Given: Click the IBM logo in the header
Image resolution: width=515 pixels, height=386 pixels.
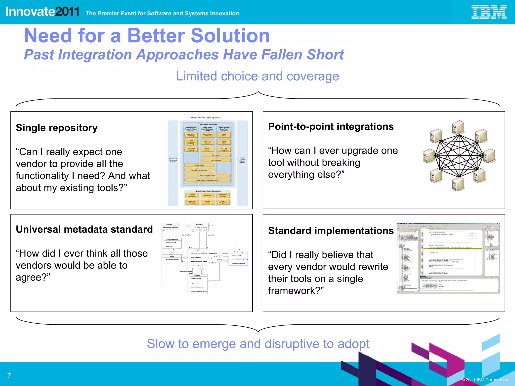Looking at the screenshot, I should click(x=489, y=12).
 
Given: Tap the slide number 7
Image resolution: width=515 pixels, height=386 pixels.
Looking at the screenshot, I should click(x=9, y=376).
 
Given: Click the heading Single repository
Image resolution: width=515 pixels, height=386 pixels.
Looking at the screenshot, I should click(x=57, y=128).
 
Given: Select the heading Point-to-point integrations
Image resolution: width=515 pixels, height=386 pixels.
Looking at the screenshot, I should click(x=331, y=127).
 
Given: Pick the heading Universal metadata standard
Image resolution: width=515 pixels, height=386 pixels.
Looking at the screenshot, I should click(x=84, y=229).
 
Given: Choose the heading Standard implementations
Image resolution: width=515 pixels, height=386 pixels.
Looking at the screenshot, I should click(x=331, y=231).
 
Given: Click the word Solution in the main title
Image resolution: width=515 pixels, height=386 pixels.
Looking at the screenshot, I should click(x=230, y=36).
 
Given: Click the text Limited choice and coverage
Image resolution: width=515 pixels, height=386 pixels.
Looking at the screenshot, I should click(x=257, y=76).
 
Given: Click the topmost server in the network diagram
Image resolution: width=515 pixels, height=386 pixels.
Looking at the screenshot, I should click(x=458, y=127).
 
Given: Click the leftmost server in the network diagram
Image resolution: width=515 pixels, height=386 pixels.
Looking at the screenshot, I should click(x=429, y=156).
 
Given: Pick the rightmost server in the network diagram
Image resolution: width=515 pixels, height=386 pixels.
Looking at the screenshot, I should click(x=489, y=156).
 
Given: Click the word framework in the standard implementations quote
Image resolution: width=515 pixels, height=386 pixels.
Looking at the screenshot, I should click(x=294, y=291).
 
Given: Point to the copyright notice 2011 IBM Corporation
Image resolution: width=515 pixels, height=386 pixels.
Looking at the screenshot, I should click(x=485, y=380).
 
